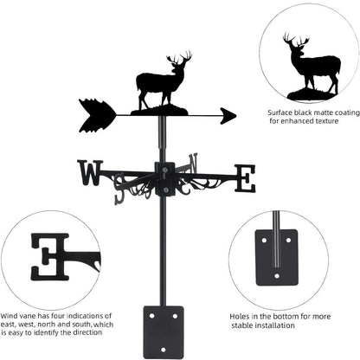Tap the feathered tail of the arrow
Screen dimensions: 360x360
(x=96, y=115)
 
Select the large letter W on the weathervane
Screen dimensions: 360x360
(x=89, y=172)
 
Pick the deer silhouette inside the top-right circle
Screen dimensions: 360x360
(x=312, y=65)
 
